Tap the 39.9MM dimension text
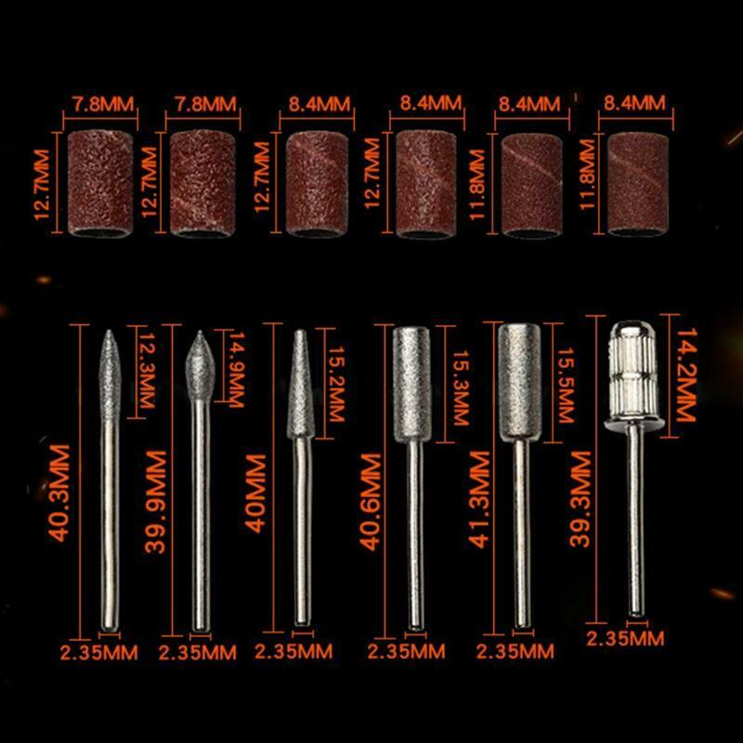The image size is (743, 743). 155,502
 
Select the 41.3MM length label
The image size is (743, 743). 478,500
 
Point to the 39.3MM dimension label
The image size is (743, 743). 580,499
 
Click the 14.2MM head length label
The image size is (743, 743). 685,374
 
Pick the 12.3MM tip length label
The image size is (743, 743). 147,371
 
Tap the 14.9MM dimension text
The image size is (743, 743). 236,370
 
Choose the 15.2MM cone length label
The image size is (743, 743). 336,384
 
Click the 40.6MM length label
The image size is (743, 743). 370,502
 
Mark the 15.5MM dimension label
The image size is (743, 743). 566,385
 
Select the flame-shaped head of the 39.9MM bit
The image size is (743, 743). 200,366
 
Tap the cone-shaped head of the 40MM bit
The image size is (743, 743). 300,384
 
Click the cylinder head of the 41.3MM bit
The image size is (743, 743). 520,382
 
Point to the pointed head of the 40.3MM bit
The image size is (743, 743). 110,374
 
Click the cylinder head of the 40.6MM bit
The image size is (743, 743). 411,385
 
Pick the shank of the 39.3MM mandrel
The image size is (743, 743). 636,520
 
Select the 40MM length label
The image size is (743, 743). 256,494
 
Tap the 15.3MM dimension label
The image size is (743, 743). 461,387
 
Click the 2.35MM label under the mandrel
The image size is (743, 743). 625,639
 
